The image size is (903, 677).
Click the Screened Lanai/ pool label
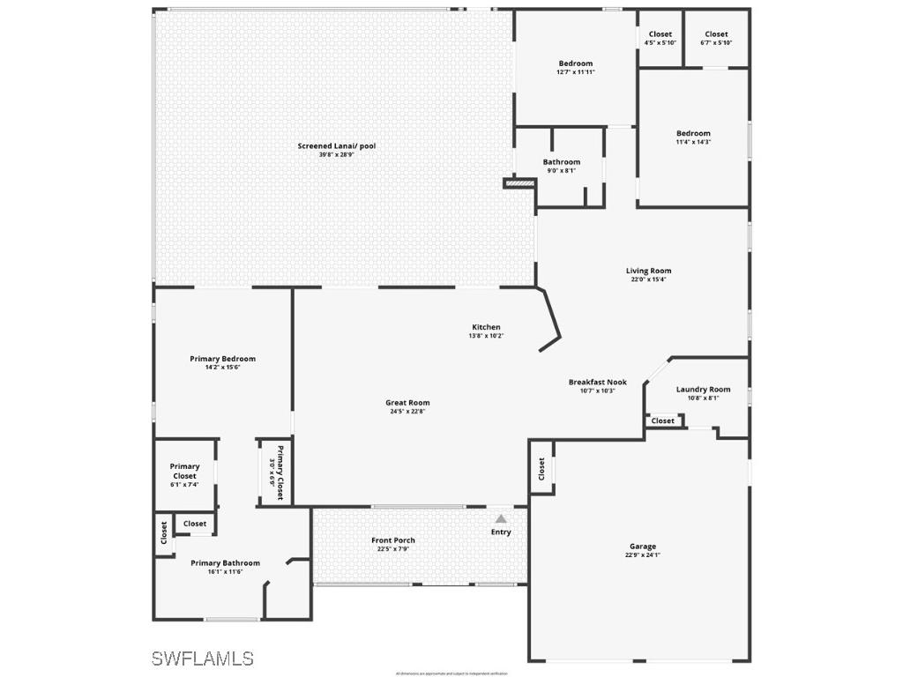[336, 146]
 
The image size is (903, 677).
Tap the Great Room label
[407, 403]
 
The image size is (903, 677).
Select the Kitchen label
[486, 327]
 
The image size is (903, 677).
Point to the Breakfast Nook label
[597, 382]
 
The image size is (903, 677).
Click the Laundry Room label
[703, 390]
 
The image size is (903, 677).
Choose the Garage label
[642, 547]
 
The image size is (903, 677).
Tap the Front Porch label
[392, 540]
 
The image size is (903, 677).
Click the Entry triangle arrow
[501, 519]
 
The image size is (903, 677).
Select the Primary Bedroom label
[222, 359]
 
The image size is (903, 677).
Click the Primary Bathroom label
[225, 563]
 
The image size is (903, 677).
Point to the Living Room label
[648, 271]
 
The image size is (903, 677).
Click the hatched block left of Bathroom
[519, 183]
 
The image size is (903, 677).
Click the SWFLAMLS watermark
[202, 658]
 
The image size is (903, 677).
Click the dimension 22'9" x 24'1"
[642, 555]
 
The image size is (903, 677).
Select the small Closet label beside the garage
[541, 470]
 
